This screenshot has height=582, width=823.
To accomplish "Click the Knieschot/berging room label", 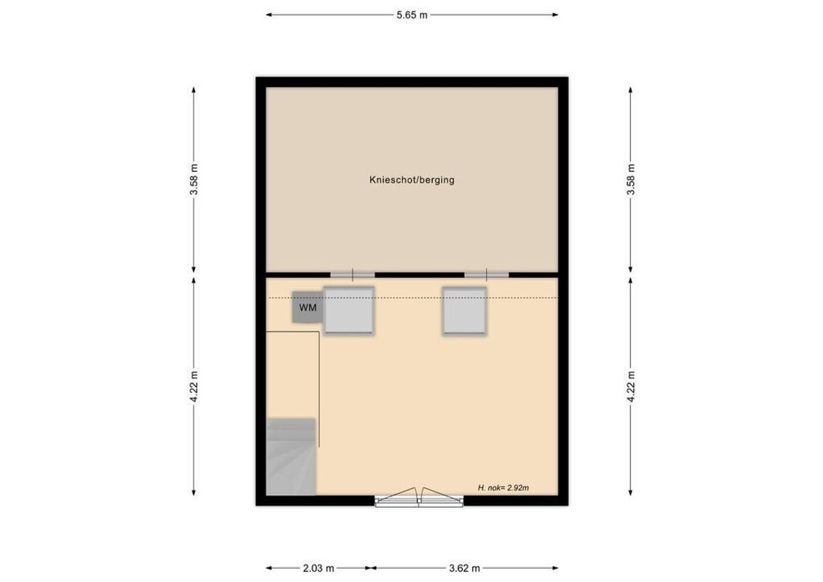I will tap(412, 180).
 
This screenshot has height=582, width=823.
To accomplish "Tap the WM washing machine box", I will tap(308, 308).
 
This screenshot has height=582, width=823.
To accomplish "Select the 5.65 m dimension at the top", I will tap(412, 15).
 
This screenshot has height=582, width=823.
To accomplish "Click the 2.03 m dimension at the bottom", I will tap(319, 567).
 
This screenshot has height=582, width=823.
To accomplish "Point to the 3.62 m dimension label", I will tap(464, 567).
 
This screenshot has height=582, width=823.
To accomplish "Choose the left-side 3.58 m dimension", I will tap(194, 179).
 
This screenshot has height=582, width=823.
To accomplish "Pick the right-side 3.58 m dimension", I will tap(631, 179).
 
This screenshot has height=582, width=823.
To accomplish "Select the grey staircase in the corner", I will tap(291, 456).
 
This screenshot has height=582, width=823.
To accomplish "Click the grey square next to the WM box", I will tap(349, 311).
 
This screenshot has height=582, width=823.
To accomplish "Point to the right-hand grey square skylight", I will tap(464, 311).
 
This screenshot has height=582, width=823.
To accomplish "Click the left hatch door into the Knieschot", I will tap(353, 274).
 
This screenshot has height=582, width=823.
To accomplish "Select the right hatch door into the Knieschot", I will tap(487, 274).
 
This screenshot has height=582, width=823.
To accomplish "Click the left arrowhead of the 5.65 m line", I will tap(269, 15).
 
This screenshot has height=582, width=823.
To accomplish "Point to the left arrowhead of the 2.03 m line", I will tap(269, 567).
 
